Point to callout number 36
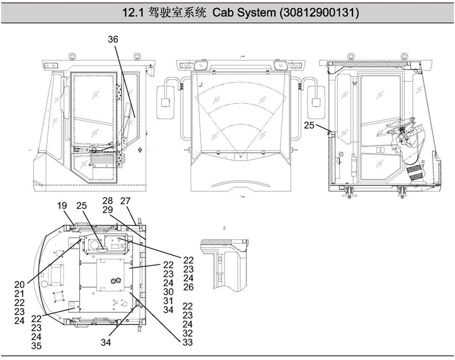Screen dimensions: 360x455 [x=113, y=39]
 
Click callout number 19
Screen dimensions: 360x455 [x=63, y=206]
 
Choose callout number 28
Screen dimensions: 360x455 [x=107, y=201]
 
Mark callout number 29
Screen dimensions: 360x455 [x=107, y=209]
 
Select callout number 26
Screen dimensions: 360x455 [x=188, y=287]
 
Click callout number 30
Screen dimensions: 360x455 [x=169, y=291]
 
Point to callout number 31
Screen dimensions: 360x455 [x=169, y=300]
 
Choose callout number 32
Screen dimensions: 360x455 [x=188, y=332]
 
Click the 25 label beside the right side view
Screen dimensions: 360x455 [x=310, y=125]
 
